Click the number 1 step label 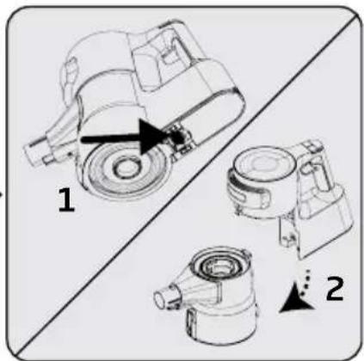(66, 200)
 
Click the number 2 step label (335, 289)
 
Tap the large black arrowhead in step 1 (153, 137)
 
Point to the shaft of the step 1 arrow (111, 140)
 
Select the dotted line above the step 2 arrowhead (305, 282)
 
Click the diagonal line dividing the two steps (187, 183)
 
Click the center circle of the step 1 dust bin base (126, 168)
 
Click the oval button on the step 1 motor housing (70, 70)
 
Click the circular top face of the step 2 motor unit (262, 166)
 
